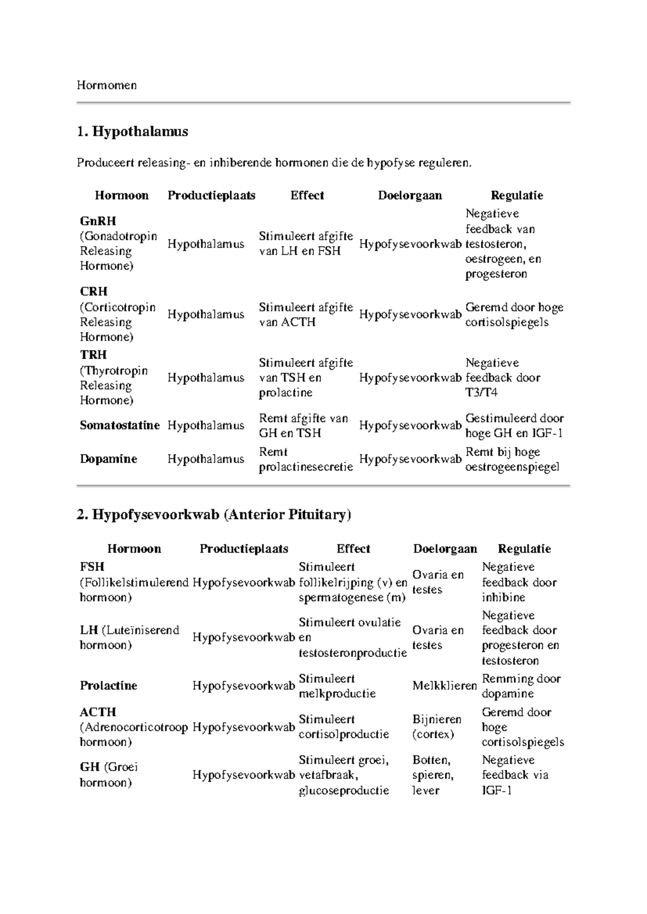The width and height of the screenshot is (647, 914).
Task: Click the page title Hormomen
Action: tap(106, 85)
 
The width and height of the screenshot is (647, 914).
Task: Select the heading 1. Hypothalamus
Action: tap(132, 131)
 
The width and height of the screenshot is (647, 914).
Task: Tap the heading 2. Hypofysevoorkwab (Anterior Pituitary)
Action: tap(214, 515)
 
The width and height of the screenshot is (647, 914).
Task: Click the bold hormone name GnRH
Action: tap(98, 221)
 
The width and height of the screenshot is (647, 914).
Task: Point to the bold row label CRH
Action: tap(94, 292)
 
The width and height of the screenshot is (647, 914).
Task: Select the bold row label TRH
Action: tap(93, 355)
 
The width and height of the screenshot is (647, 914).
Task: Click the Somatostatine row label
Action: tap(120, 425)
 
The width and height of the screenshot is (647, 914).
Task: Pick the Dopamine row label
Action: tap(108, 459)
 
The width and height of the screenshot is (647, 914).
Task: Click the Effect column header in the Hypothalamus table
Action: tap(307, 196)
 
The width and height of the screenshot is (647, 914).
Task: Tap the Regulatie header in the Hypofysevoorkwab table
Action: tap(524, 549)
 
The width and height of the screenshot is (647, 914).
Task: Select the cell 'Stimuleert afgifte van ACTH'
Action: tap(306, 315)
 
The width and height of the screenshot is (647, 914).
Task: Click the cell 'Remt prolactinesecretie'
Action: tap(306, 459)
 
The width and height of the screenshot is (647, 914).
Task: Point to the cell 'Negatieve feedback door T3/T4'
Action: tap(503, 378)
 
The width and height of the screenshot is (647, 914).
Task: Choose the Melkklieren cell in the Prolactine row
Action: tap(444, 685)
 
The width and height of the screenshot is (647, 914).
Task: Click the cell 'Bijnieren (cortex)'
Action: tap(437, 726)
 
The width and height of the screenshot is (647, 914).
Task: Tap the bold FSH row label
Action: tap(92, 567)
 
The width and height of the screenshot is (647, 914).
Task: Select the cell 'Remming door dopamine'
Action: tap(521, 686)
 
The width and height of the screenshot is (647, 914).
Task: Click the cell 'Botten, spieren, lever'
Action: tap(433, 775)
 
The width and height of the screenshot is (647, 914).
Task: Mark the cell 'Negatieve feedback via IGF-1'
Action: tap(515, 775)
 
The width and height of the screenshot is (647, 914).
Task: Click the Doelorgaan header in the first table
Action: tap(410, 196)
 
